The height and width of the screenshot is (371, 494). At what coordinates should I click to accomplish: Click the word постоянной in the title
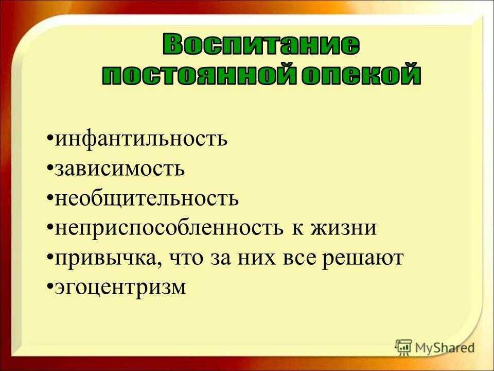coord(199,75)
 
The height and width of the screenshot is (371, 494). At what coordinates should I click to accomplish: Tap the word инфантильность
coord(141,139)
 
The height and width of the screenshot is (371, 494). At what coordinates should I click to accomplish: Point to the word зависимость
coord(120,169)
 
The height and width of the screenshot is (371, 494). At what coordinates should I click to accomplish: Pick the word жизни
coord(344,228)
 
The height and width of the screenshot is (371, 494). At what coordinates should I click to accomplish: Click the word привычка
coord(107,258)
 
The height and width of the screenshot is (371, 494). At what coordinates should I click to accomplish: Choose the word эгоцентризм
coord(120,288)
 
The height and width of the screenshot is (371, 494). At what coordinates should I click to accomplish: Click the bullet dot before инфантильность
coord(50,138)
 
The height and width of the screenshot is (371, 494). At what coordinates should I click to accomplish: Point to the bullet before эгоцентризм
coord(50,286)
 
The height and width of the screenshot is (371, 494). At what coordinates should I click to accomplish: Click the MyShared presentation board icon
coord(403,347)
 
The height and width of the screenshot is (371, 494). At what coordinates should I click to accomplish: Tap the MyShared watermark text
coord(445,348)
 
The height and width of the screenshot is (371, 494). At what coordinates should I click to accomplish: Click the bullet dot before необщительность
coord(50,198)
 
